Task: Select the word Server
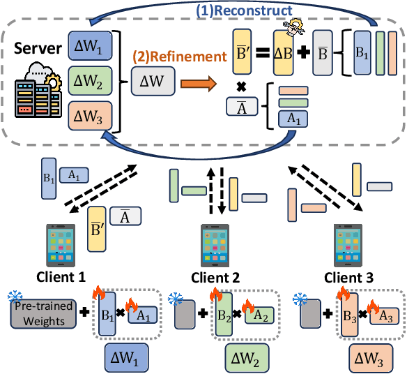pyautogui.click(x=34, y=50)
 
